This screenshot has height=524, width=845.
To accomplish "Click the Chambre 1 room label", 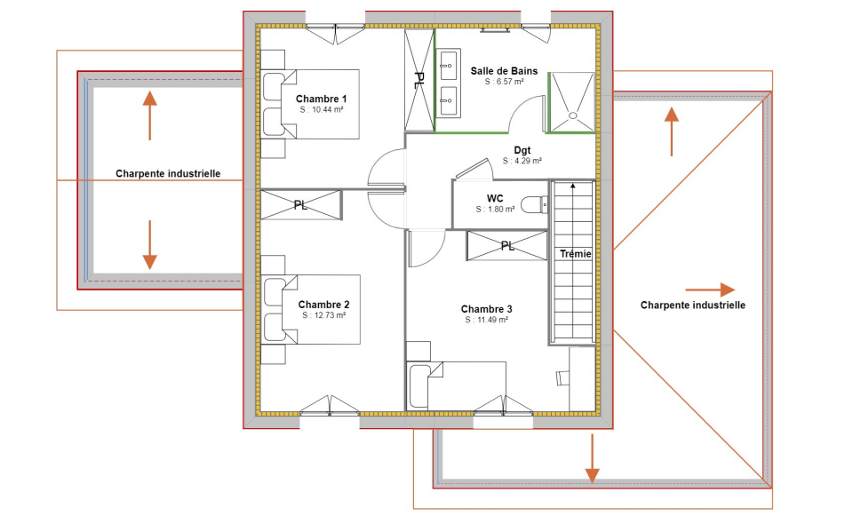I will pos(322,98).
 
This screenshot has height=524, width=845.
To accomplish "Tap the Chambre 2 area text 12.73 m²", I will pos(323,315).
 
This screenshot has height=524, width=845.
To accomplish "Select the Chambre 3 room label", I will pos(486,309).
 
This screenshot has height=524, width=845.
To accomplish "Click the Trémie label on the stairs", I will pos(575,254).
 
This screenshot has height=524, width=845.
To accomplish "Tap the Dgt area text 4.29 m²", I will pos(522,162).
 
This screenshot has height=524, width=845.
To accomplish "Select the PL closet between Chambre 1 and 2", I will pos(300,205).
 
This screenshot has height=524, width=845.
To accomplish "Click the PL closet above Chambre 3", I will pos(507,246).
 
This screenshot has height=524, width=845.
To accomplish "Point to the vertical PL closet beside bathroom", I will pos(419,80).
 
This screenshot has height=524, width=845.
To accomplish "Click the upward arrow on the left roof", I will pos(149,115).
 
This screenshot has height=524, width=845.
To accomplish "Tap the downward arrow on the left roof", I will pos(149,245).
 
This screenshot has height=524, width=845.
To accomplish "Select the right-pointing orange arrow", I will pos(710,290).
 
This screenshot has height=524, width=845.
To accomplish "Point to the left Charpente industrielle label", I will pos(168,174).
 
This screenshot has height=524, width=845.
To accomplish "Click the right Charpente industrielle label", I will pos(692,305).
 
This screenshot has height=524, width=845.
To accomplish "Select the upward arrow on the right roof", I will pos(672,131).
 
